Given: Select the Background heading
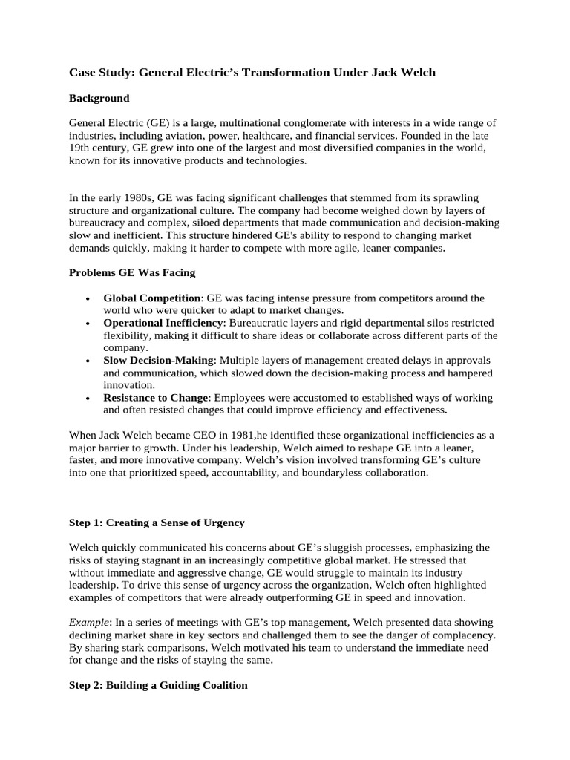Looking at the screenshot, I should tap(99, 98).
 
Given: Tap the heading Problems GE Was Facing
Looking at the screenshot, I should tap(132, 272).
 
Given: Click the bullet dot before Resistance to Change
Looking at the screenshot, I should tap(88, 399).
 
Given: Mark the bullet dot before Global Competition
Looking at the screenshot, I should tap(88, 298).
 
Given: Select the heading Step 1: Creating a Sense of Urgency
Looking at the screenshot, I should tap(157, 522).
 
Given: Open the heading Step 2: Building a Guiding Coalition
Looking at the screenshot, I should tap(158, 685).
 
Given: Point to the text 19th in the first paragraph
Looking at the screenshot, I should tap(80, 148).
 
